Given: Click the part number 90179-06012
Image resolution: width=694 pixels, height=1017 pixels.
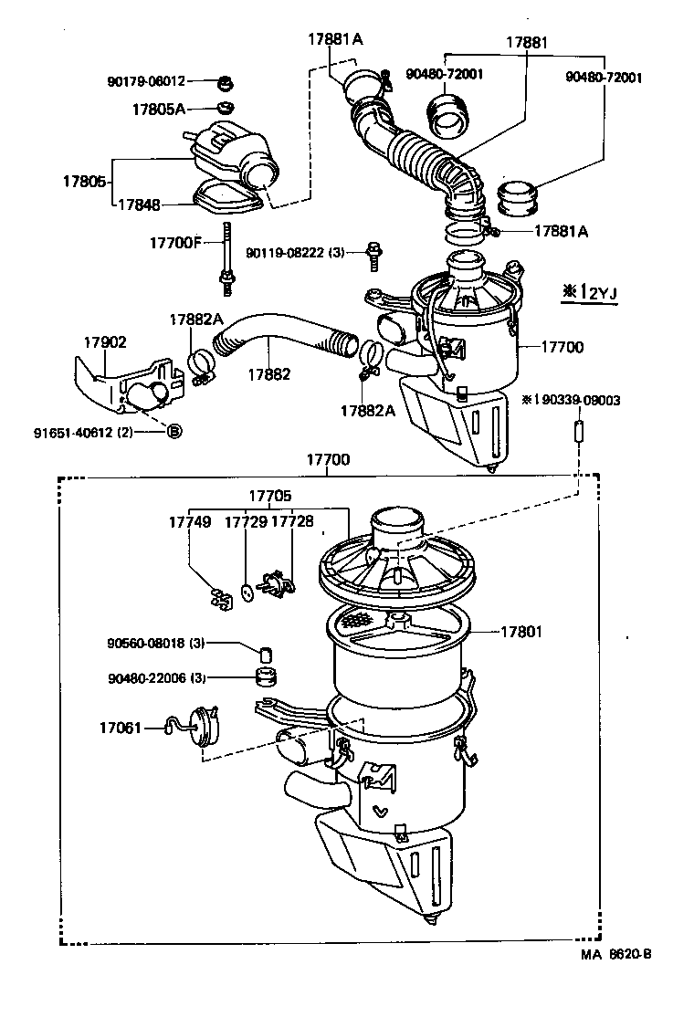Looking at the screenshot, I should point(146,81).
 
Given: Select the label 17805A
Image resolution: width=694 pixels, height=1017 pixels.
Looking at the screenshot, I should point(158,110).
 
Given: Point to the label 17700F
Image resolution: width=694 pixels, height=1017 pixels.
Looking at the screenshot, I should point(174,243).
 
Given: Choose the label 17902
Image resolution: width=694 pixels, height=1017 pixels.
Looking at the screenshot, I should point(106,342).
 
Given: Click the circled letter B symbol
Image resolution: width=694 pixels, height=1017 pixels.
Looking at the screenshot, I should point(174,431).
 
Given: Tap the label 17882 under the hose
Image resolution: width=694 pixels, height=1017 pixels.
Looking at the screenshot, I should point(268,373).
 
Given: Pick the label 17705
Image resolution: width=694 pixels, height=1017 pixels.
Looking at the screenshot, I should point(269,496).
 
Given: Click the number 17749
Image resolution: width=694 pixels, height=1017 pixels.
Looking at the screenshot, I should point(189,522).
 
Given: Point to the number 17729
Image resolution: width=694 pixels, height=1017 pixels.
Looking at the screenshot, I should point(246,522).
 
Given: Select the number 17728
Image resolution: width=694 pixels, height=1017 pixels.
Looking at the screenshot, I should point(292,522).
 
